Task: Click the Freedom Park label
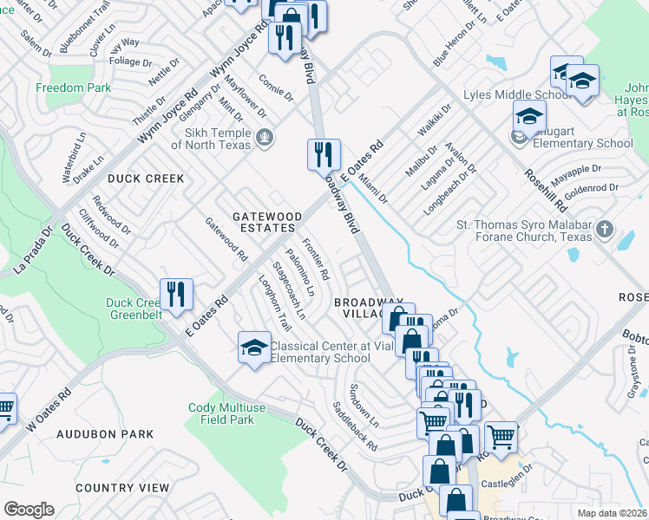[x=74, y=88]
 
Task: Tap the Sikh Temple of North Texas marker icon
[x=265, y=136]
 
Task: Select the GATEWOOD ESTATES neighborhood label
[x=267, y=222]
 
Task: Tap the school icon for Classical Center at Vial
[x=254, y=348]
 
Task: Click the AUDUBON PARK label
[x=105, y=434]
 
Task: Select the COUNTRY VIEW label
[x=122, y=488]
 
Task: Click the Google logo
[x=29, y=510]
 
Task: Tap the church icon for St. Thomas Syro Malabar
[x=605, y=231]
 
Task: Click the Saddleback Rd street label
[x=355, y=426]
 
